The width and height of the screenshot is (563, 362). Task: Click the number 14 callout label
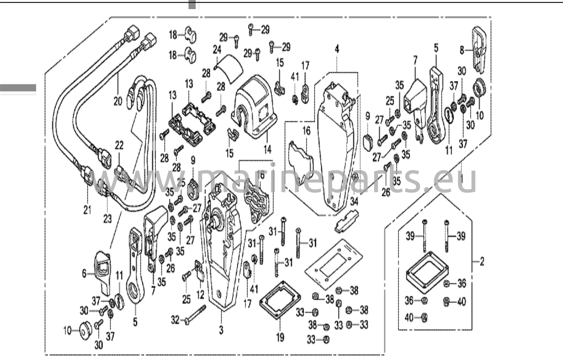point(267,149)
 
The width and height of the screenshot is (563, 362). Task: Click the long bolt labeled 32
point(195,314)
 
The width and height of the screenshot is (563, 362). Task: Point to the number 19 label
point(280,337)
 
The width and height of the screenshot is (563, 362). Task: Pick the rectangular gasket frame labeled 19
point(280,300)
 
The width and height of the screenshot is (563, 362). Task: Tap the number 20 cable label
point(118,101)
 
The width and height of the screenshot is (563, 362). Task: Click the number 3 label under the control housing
point(221,330)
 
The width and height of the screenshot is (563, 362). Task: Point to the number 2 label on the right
point(482,261)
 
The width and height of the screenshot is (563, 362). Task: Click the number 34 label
point(354,202)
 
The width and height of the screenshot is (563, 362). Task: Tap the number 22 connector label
point(119,146)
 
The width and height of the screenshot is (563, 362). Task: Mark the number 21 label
point(87,210)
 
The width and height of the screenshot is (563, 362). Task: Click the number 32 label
point(175,320)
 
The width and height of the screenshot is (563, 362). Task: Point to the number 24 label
point(217,50)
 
